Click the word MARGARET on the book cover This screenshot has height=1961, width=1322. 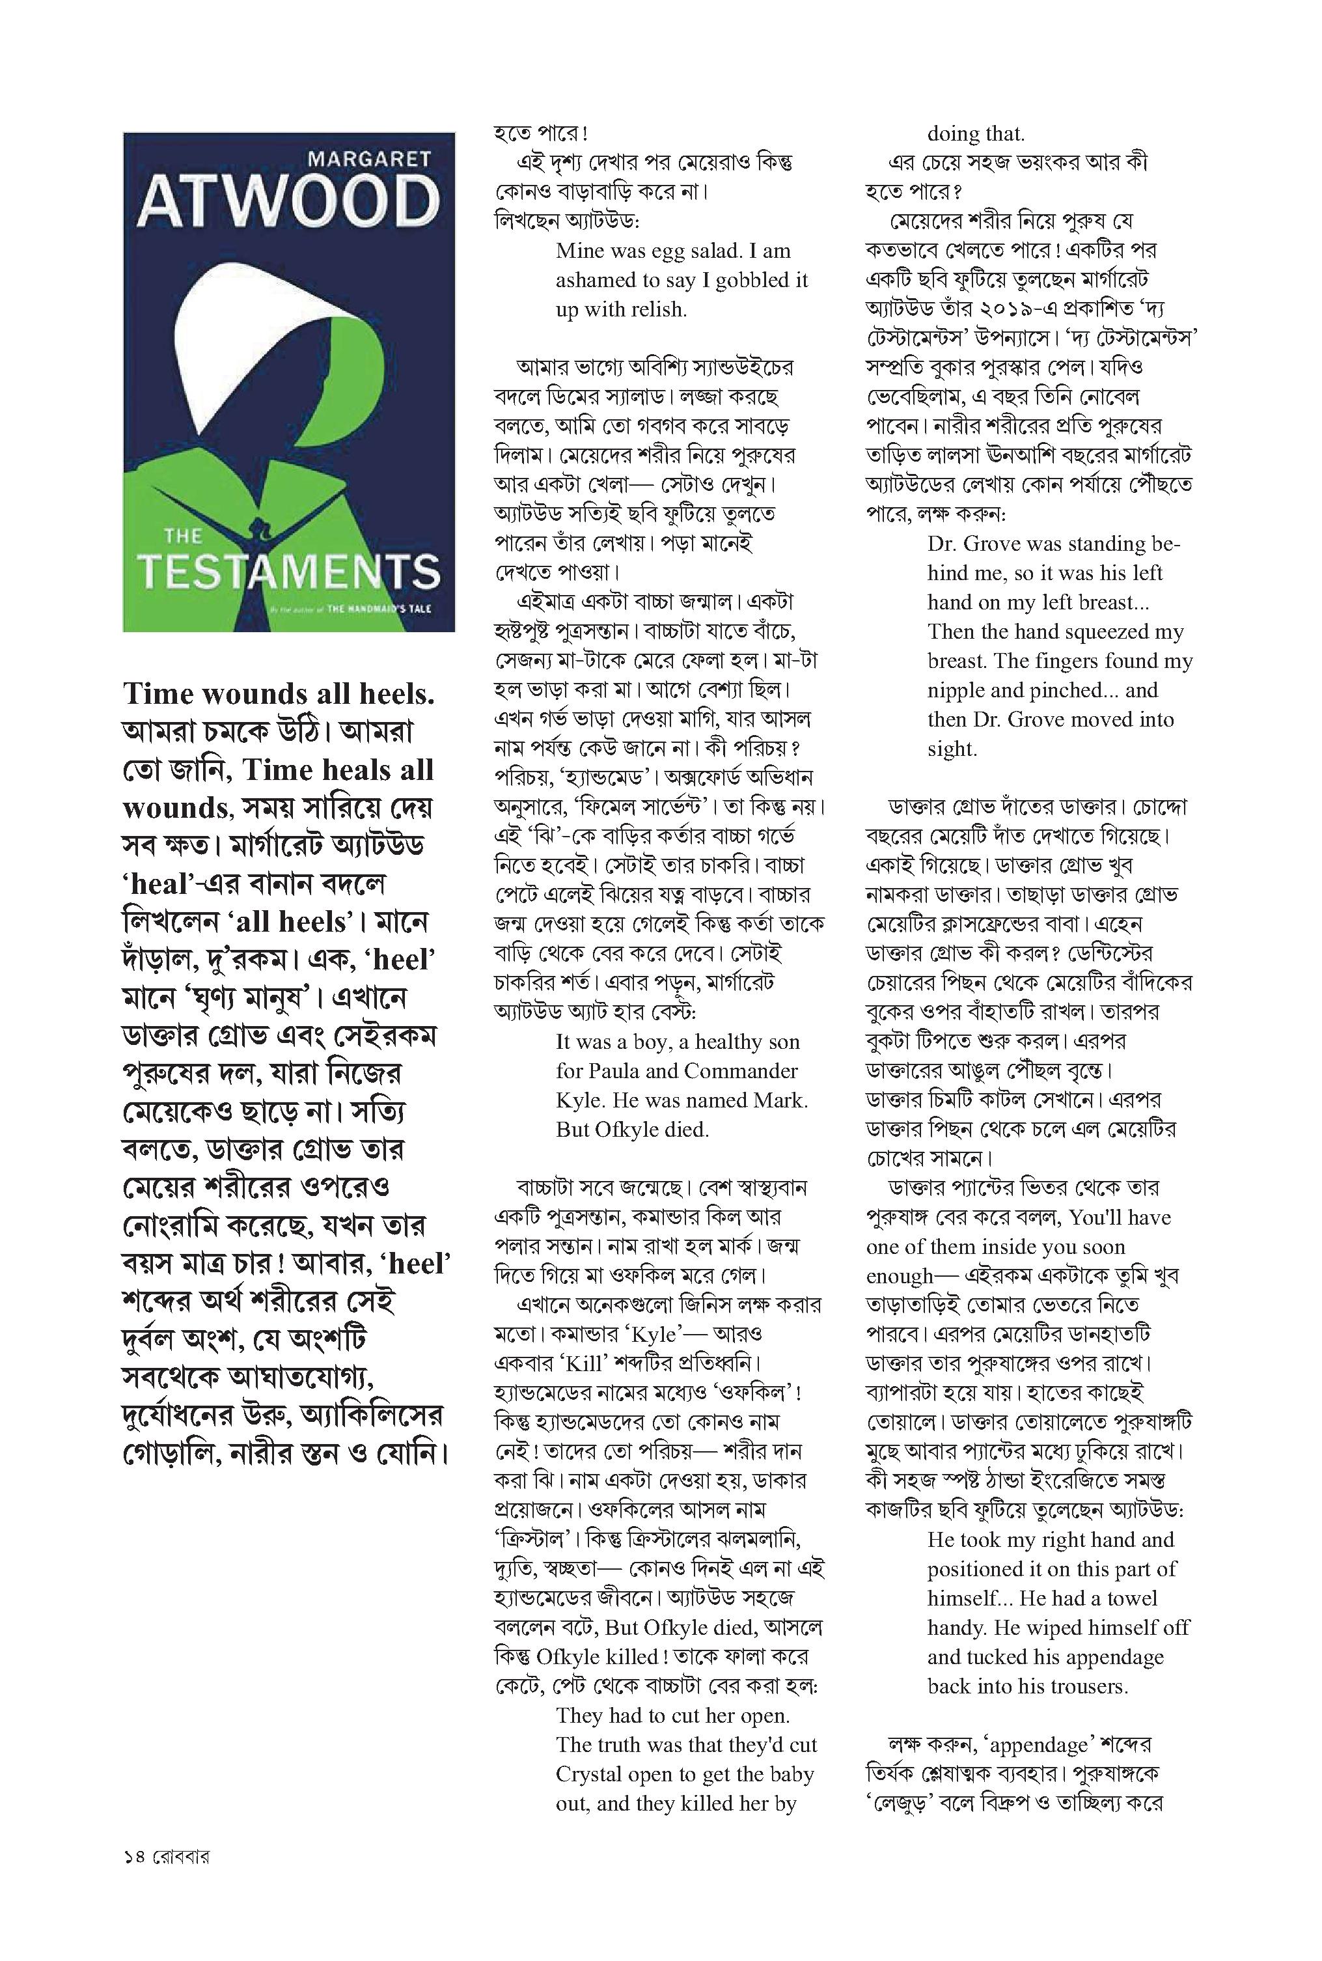pyautogui.click(x=369, y=158)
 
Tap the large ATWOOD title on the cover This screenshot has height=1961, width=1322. pyautogui.click(x=289, y=202)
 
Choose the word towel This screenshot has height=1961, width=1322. pyautogui.click(x=1131, y=1598)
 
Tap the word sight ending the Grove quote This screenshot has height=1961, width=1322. pyautogui.click(x=951, y=749)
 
